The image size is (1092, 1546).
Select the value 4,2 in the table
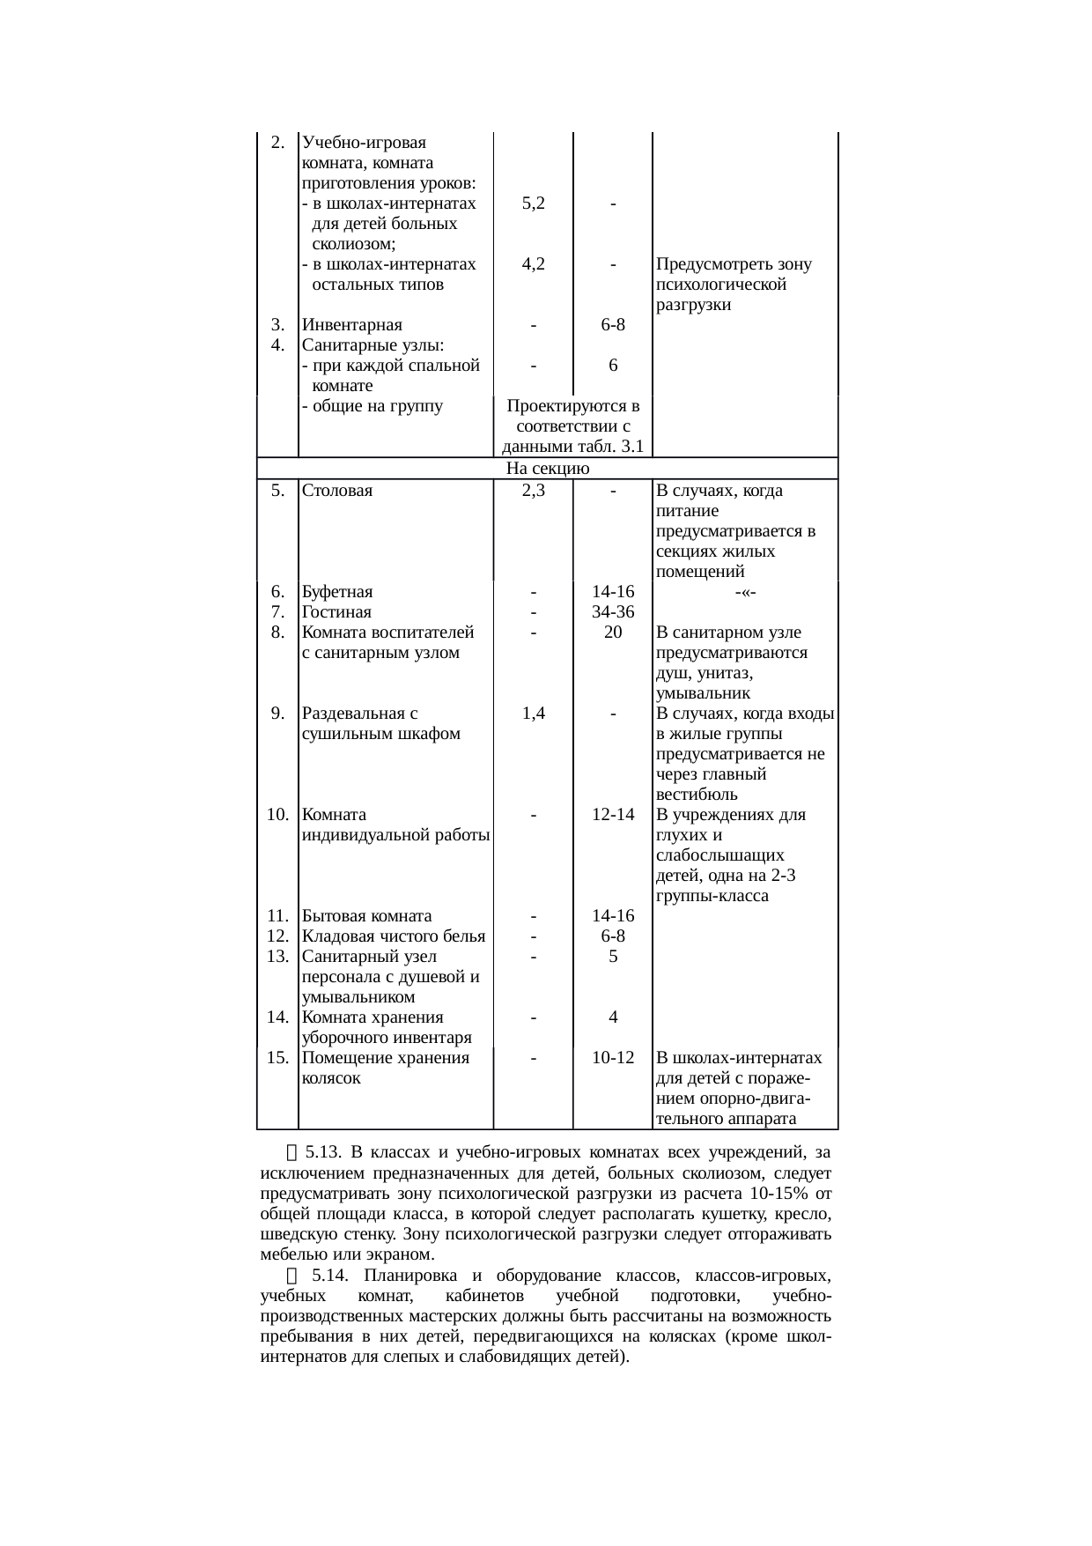(533, 264)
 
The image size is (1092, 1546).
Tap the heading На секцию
(548, 468)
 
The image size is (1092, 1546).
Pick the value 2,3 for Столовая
(533, 491)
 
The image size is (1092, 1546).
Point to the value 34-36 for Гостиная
(613, 612)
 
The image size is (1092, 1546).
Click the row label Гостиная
(336, 612)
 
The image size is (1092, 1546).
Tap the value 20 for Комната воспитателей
(613, 632)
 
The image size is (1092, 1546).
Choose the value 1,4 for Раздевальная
(533, 714)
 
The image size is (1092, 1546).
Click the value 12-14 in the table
(613, 815)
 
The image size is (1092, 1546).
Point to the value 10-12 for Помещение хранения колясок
(613, 1057)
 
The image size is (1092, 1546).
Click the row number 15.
(277, 1057)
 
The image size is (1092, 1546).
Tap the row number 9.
(277, 714)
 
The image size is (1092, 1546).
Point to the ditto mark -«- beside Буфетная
(745, 592)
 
